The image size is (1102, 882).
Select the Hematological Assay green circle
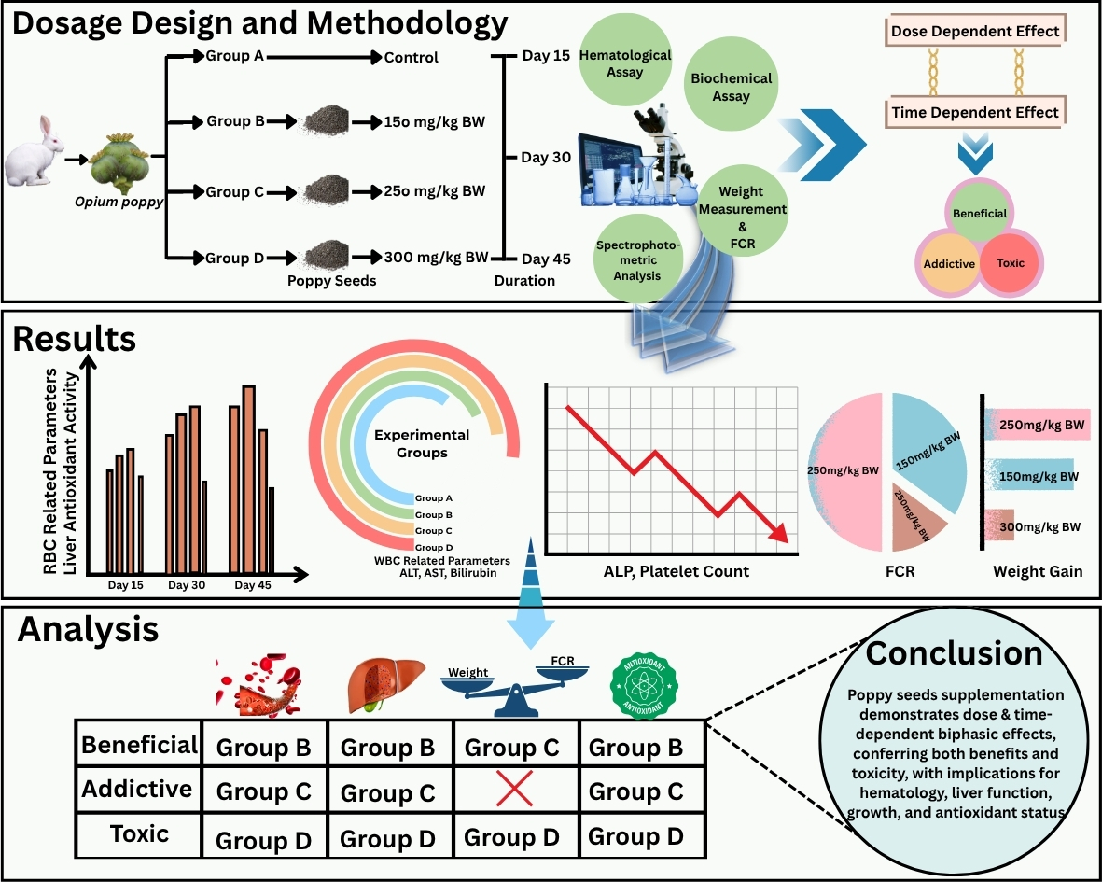tap(624, 63)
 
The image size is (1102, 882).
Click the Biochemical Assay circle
tap(731, 88)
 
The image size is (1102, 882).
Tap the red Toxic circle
tap(1011, 263)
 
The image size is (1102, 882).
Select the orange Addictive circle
tap(949, 264)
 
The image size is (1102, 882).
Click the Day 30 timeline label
tap(546, 158)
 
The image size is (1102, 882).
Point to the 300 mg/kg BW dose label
tap(436, 257)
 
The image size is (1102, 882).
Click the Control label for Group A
tap(411, 58)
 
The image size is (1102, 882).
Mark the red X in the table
tap(515, 791)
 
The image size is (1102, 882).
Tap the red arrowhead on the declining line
tap(777, 534)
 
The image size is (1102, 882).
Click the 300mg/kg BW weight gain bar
tap(1000, 525)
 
